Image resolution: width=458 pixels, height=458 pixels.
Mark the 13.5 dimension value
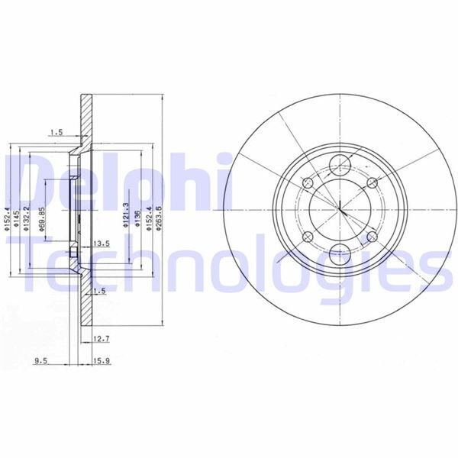tap(101, 244)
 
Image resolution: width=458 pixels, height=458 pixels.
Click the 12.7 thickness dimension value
tap(102, 338)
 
